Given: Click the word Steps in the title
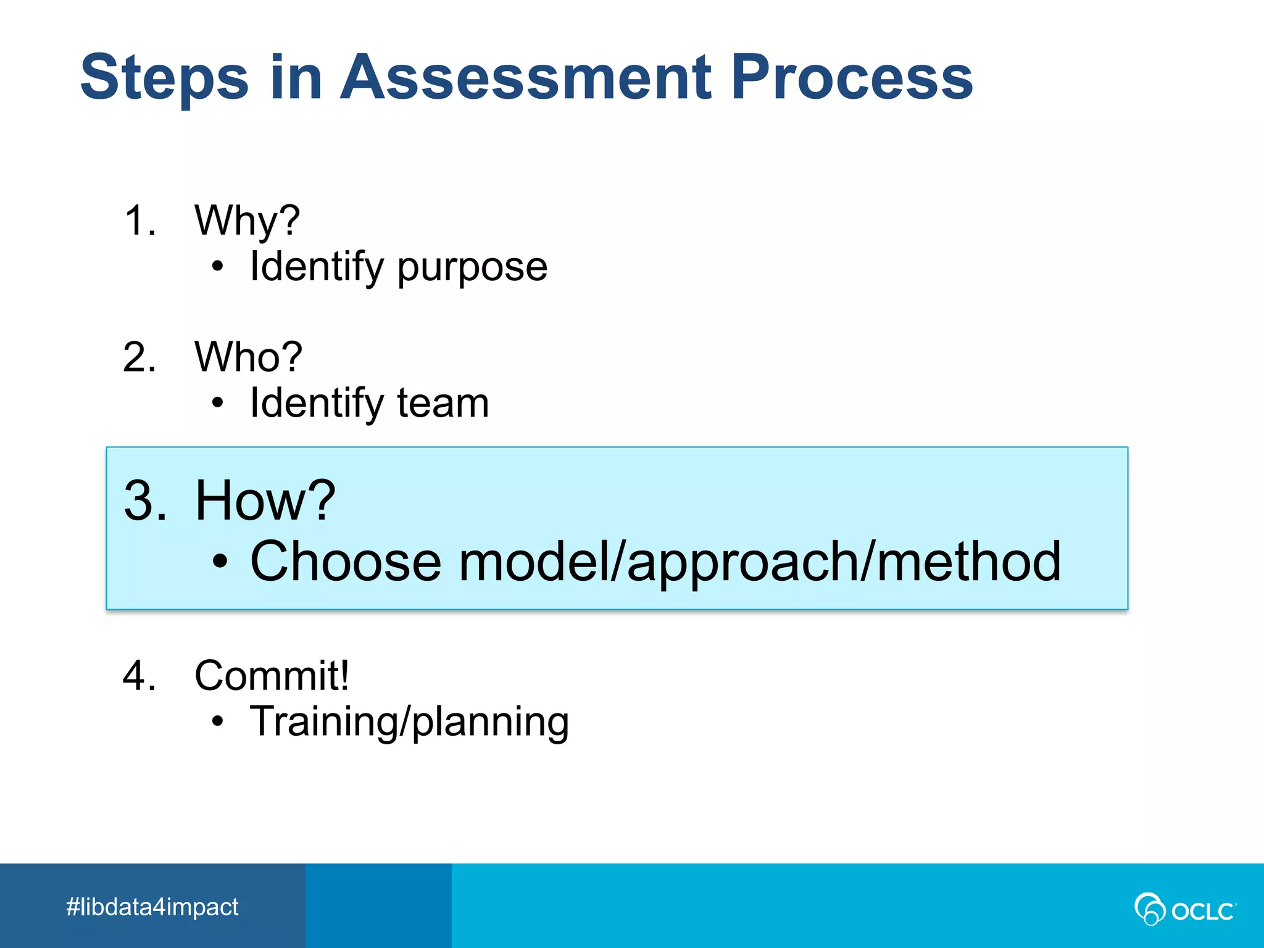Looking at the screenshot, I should [x=164, y=78].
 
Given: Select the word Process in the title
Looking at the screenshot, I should [x=852, y=78].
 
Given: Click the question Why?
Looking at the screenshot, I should [x=247, y=221].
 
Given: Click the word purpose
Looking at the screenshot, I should [x=472, y=268].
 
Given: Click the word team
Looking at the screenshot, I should [x=443, y=404].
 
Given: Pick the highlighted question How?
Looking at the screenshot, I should [x=265, y=501].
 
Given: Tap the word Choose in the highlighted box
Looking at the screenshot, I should [x=346, y=561].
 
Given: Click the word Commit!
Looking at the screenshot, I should [x=272, y=675].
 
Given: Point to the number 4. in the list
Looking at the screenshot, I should [x=139, y=675].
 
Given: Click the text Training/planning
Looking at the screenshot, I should [x=409, y=721].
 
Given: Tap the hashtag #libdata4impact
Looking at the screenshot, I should [x=152, y=907].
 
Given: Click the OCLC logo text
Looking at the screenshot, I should [x=1202, y=911].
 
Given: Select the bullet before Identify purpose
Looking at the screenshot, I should [x=217, y=267].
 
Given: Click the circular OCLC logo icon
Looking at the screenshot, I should [x=1149, y=909].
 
